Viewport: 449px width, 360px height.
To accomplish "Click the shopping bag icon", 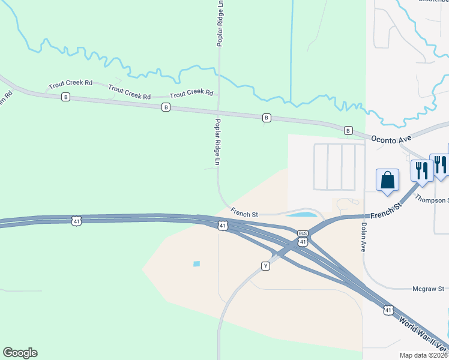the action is [x=388, y=179].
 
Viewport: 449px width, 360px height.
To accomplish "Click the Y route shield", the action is [x=265, y=266].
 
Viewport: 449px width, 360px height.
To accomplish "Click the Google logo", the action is [x=20, y=353].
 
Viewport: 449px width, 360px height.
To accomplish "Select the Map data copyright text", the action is [x=423, y=355].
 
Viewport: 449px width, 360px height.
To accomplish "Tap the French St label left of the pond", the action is [x=244, y=212].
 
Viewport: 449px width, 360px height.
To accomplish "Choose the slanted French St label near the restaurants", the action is [x=386, y=210].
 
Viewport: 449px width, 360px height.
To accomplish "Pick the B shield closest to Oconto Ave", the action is [x=348, y=130].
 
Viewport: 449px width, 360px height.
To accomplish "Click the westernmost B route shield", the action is [x=65, y=97].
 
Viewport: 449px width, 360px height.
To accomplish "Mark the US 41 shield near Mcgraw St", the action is [x=388, y=310].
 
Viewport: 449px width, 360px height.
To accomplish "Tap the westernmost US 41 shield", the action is [x=75, y=221].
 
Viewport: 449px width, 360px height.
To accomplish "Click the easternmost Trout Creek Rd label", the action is [x=191, y=94].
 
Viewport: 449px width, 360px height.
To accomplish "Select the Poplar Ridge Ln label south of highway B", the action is [x=217, y=142].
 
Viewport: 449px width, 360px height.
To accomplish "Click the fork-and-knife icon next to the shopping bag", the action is [x=421, y=170].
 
